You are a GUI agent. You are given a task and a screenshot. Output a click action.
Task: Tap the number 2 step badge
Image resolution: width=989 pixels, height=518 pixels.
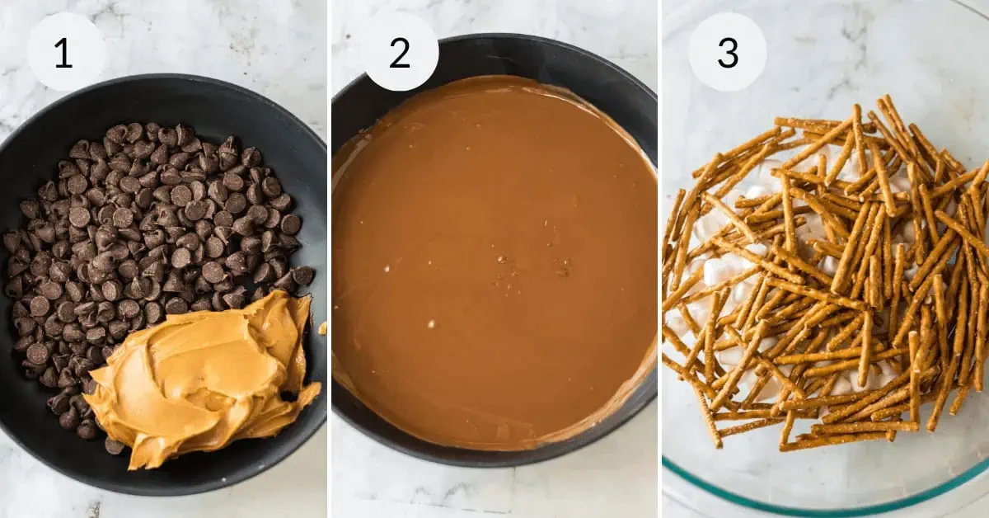pyautogui.click(x=400, y=52)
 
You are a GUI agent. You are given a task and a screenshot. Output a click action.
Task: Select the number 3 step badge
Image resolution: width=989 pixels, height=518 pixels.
pyautogui.click(x=728, y=52)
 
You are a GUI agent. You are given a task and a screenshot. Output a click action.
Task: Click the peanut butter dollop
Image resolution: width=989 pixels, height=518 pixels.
pyautogui.click(x=206, y=375)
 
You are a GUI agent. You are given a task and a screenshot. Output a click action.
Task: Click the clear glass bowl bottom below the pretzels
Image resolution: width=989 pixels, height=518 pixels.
pyautogui.click(x=824, y=466)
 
